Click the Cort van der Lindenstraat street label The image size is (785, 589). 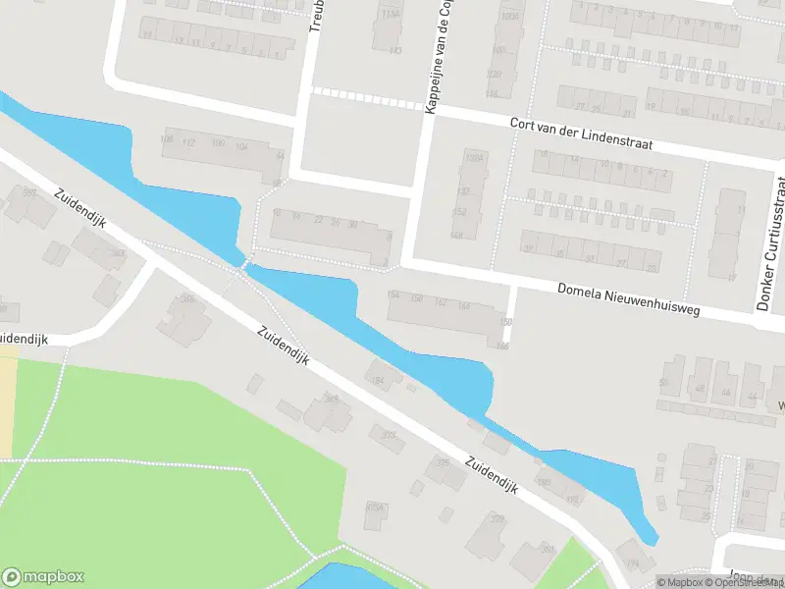pos(581,135)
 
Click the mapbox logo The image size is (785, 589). pos(43,577)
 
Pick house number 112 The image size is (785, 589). pos(189,142)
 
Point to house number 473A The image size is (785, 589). pos(374,507)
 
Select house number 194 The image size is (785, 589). pos(634,562)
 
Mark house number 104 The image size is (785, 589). pos(241,146)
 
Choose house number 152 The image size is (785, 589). pos(457,212)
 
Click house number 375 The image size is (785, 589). pos(443,462)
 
